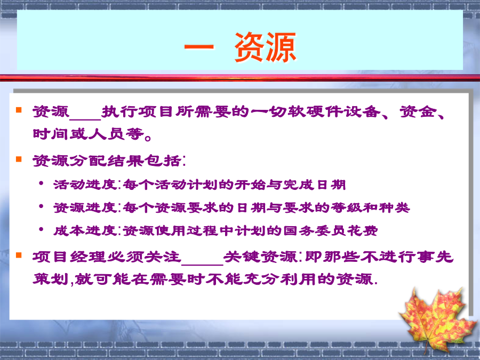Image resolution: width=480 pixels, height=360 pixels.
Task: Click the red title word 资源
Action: coord(266,47)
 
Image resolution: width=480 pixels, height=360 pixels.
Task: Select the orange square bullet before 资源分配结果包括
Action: coord(19,159)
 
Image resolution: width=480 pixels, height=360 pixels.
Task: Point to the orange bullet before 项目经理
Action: coord(19,255)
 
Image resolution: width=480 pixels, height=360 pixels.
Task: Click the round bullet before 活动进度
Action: coord(41,183)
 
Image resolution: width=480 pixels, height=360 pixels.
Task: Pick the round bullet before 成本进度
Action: coord(41,229)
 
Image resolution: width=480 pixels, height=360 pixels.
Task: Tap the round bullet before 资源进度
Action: coord(41,206)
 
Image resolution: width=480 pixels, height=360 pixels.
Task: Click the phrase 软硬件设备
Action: coord(334,111)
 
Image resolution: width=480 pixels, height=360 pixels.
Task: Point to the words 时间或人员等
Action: coord(88,134)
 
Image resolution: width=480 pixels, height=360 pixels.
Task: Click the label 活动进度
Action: coord(84,185)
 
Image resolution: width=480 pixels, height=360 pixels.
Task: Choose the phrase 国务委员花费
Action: coord(330,230)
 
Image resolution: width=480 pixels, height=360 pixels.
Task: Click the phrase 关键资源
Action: coord(260,257)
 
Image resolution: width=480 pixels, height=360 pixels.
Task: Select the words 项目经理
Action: coord(69,257)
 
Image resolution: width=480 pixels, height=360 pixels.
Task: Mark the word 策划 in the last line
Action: coord(51,279)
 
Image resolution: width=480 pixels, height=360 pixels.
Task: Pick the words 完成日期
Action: coord(314,185)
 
